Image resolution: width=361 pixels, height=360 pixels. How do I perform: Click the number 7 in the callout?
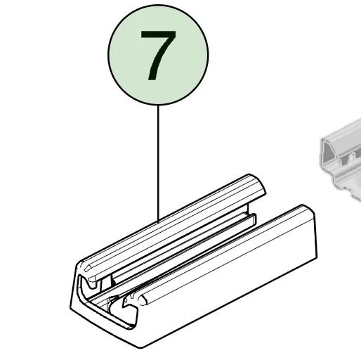pyautogui.click(x=158, y=56)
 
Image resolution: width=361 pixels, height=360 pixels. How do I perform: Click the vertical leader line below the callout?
pyautogui.click(x=158, y=163)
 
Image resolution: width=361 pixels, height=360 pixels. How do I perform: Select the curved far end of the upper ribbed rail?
pyautogui.click(x=258, y=185)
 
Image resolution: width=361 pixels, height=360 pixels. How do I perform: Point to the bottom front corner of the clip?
pyautogui.click(x=140, y=347)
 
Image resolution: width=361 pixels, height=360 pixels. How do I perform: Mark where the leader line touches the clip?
pyautogui.click(x=158, y=221)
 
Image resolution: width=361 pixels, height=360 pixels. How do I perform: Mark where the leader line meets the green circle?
pyautogui.click(x=158, y=105)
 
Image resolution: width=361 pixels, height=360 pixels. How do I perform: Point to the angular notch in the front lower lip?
pyautogui.click(x=128, y=304)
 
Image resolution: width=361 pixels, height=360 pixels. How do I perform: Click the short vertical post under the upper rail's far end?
pyautogui.click(x=248, y=208)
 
